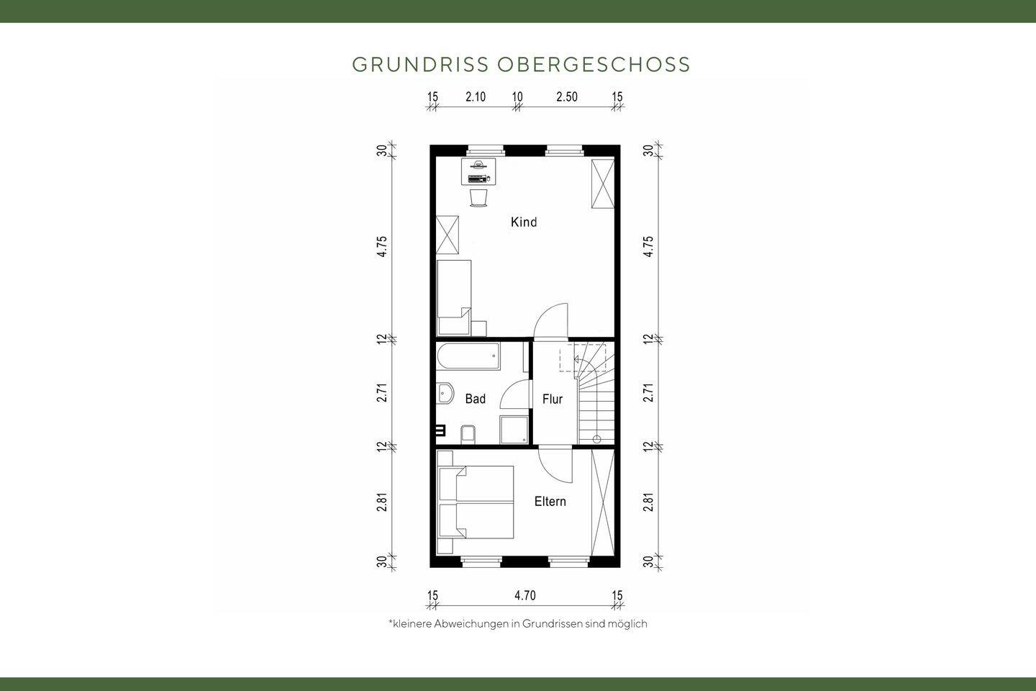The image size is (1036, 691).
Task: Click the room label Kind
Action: [x=524, y=222]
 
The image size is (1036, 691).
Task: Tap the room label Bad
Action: [x=475, y=399]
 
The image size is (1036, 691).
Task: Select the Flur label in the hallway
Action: [x=553, y=399]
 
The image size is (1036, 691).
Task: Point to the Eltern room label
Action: [x=550, y=502]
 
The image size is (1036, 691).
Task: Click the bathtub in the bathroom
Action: [x=468, y=358]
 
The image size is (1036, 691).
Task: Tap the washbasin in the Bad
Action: [x=445, y=394]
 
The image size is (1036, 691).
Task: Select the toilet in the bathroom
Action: [x=468, y=434]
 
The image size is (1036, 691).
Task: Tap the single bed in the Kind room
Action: [x=454, y=297]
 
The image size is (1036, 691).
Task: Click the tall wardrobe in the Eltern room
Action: [x=603, y=502]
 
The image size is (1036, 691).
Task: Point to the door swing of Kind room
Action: [x=553, y=320]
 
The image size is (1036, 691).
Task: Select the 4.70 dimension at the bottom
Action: [x=524, y=595]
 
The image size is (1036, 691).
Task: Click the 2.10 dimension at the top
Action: [x=475, y=97]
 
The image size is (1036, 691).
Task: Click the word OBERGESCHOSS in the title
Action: [x=594, y=64]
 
